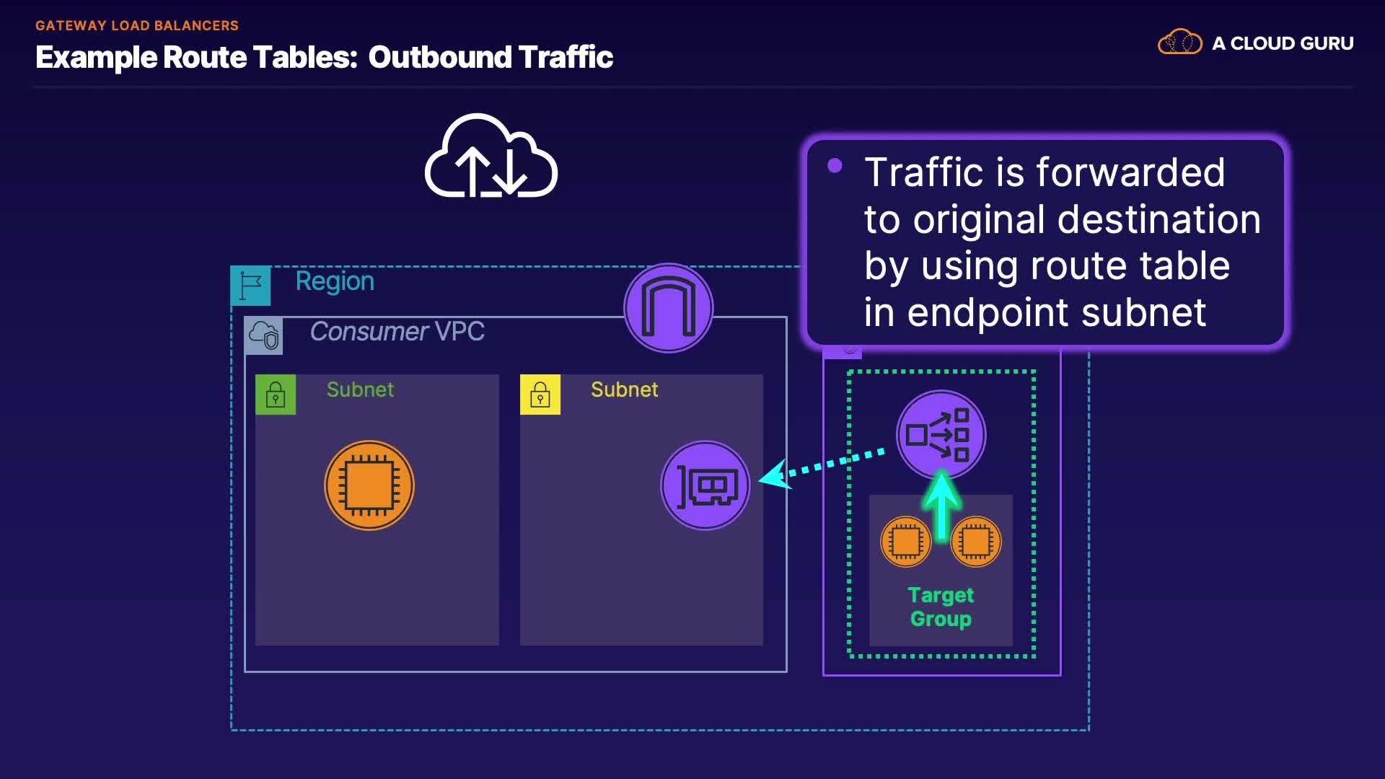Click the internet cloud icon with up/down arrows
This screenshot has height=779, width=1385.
point(491,156)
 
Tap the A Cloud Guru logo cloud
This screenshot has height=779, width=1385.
point(1180,42)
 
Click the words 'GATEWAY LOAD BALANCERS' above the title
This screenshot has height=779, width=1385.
point(137,25)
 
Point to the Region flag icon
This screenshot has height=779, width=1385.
point(250,286)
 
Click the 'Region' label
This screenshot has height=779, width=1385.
point(335,282)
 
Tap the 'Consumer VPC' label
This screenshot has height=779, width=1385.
point(397,331)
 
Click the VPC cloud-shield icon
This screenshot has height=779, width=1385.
point(263,335)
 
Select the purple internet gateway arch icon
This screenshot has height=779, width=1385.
point(669,308)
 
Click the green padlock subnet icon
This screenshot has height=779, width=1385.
point(276,395)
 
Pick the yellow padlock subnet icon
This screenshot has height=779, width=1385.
point(540,395)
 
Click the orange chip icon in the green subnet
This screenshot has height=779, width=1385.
point(369,485)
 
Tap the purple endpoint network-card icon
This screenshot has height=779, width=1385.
point(705,485)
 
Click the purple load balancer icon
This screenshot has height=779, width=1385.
point(941,435)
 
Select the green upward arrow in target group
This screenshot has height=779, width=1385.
point(941,506)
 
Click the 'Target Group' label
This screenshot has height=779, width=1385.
point(941,607)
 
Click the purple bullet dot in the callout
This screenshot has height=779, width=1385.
point(835,166)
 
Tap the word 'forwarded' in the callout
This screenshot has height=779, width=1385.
point(1130,172)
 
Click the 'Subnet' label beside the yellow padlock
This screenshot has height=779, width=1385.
point(624,389)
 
